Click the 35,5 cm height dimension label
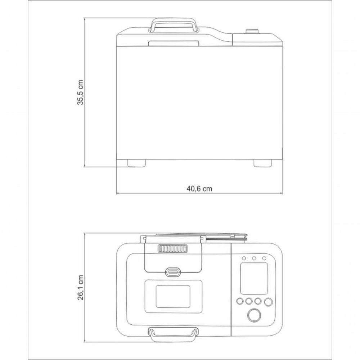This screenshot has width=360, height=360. [80, 92]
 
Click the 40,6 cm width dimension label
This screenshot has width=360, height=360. [199, 189]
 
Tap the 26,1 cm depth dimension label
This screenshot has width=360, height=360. [80, 287]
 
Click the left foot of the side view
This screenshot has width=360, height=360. [136, 163]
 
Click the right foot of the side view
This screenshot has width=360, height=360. [262, 163]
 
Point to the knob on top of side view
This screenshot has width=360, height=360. [252, 31]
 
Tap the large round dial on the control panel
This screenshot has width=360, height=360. [254, 315]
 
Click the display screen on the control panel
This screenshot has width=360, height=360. [254, 279]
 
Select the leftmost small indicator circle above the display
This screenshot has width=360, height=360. [244, 258]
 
